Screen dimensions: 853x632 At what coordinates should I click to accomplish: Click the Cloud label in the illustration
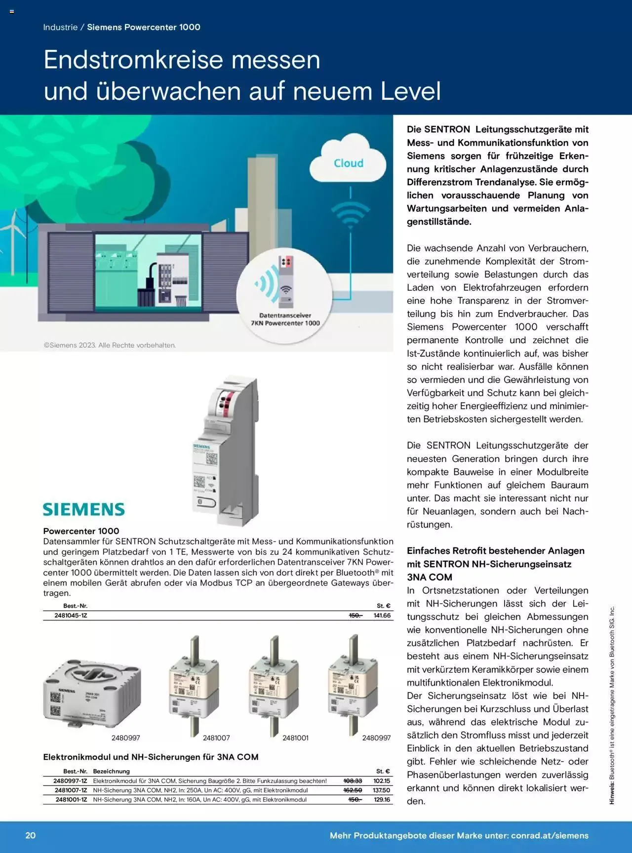[x=349, y=163]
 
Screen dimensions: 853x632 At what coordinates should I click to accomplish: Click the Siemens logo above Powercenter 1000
[x=84, y=509]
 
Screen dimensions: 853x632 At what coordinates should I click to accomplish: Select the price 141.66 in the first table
[x=382, y=616]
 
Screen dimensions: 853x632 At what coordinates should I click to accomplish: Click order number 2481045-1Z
[x=71, y=616]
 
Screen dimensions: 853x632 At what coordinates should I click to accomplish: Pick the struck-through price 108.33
[x=353, y=781]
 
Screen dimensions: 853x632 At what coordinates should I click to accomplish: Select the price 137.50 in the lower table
[x=381, y=790]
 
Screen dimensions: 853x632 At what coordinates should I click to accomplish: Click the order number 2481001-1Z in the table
[x=71, y=800]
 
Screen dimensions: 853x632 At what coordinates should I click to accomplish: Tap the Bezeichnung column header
[x=111, y=771]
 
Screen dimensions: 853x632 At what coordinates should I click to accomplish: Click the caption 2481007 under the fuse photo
[x=216, y=738]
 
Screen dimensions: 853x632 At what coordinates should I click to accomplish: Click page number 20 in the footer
[x=31, y=836]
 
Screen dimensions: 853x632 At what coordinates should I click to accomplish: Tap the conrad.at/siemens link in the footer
[x=550, y=836]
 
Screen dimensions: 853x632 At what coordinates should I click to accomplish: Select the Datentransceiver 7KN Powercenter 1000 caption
[x=285, y=319]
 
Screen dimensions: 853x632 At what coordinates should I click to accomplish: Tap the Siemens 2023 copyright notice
[x=110, y=345]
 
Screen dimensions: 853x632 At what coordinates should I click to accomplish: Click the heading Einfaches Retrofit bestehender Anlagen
[x=495, y=551]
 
